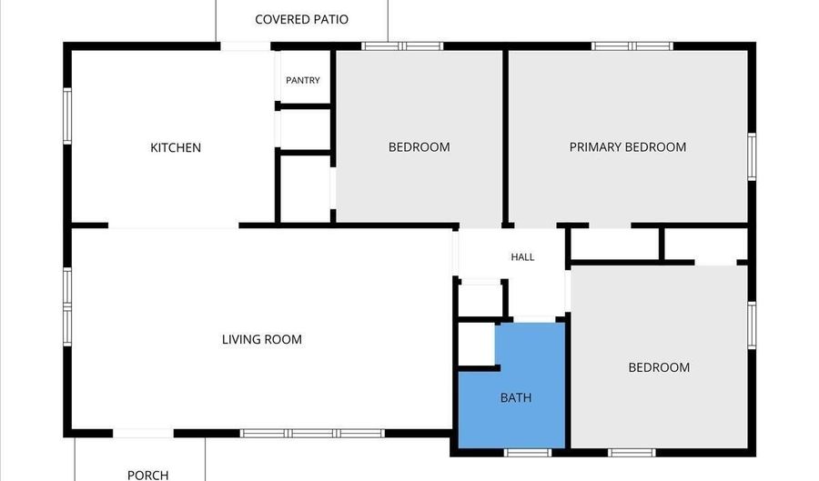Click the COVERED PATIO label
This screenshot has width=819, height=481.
[301, 19]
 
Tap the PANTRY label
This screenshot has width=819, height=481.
[303, 80]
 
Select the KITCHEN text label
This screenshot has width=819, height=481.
[176, 147]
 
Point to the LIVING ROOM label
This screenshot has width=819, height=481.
[262, 340]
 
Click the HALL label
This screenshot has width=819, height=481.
[522, 256]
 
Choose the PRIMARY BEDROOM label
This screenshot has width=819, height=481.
[628, 147]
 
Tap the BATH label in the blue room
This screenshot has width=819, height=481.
[516, 397]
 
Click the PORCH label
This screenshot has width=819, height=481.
[147, 476]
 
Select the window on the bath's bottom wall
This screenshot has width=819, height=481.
[528, 452]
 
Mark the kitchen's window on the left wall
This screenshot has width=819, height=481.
[67, 115]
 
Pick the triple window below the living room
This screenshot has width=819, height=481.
[312, 433]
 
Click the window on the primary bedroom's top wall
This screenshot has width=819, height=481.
[632, 46]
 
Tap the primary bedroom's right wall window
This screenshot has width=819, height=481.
[752, 157]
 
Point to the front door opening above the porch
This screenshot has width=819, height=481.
[143, 434]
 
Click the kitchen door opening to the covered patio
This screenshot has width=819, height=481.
[246, 46]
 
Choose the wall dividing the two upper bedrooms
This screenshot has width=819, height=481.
[505, 137]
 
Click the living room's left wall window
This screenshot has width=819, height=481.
[67, 306]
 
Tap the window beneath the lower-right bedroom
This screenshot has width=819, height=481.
[632, 452]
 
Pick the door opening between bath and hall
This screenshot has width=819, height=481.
[534, 319]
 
